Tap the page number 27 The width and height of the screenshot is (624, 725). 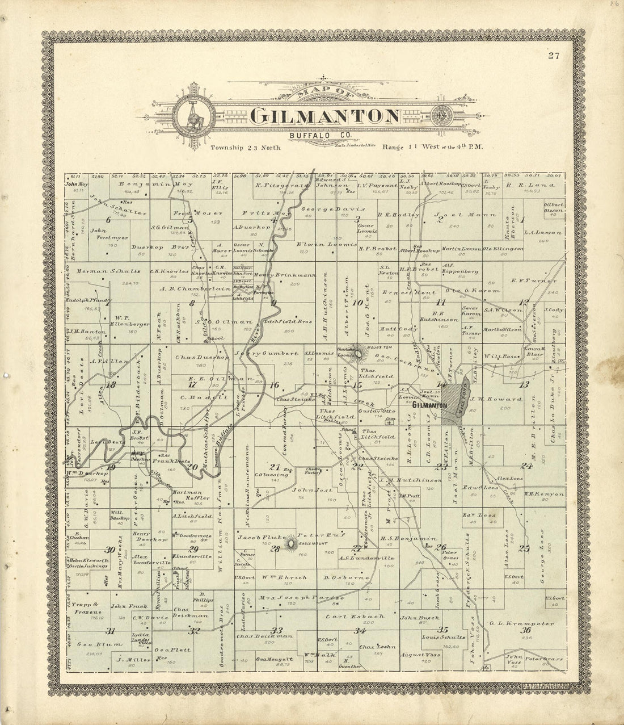click(x=554, y=55)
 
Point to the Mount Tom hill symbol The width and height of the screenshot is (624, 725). click(x=359, y=355)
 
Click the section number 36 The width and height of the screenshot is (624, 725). click(x=526, y=630)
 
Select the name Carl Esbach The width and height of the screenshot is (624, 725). click(x=355, y=616)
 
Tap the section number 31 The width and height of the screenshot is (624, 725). click(x=110, y=631)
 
